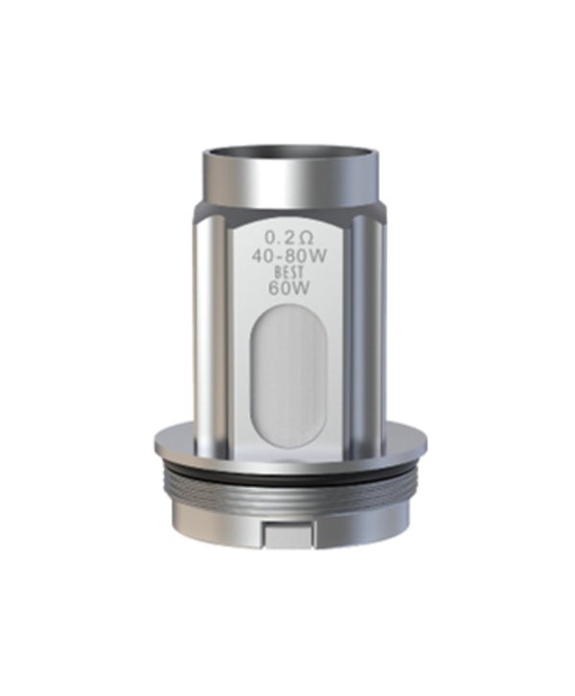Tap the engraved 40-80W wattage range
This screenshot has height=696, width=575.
[287, 256]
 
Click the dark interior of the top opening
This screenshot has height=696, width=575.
[287, 154]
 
